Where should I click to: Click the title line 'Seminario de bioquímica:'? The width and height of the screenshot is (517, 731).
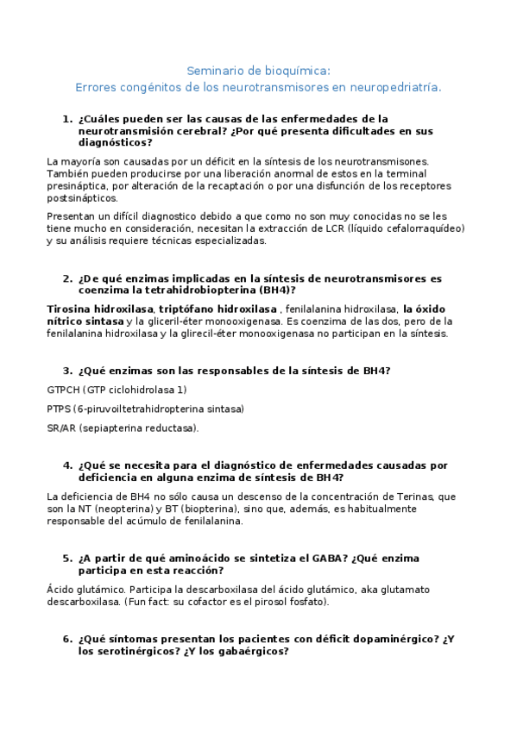[258, 72]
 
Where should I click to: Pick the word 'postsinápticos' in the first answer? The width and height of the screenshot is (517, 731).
[80, 197]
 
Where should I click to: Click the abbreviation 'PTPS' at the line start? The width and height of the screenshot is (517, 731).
[59, 409]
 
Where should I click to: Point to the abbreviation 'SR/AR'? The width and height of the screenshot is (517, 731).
[61, 428]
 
